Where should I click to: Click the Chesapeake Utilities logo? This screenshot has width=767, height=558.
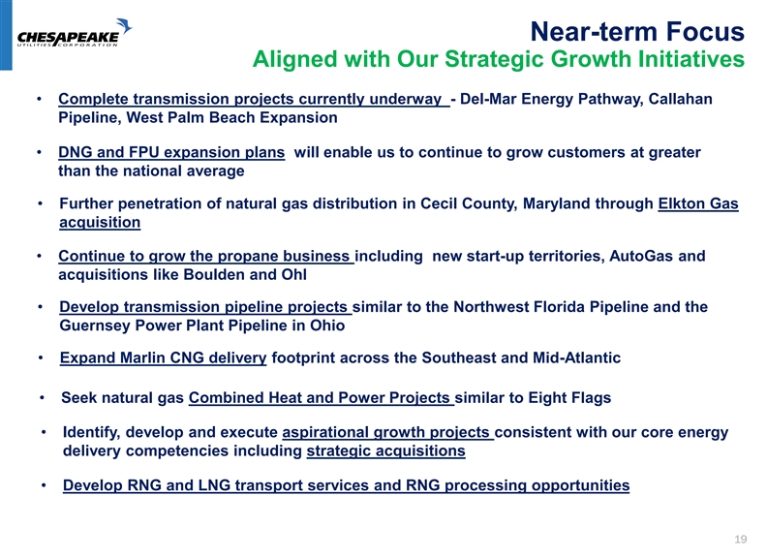point(75,33)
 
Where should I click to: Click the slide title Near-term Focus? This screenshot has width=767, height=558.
point(637,31)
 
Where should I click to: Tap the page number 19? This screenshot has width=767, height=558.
point(741,539)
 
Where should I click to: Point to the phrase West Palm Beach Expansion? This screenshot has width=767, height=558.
point(231,117)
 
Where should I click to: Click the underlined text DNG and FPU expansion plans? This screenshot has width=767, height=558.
point(171,153)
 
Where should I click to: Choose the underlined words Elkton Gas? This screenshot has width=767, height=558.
point(698,203)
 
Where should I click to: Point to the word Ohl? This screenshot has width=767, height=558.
point(294,274)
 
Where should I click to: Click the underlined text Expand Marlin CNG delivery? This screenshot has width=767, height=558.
point(164,357)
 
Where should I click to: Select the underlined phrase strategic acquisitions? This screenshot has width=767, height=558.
point(386,450)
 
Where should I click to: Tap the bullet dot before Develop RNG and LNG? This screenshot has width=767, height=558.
point(44,485)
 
